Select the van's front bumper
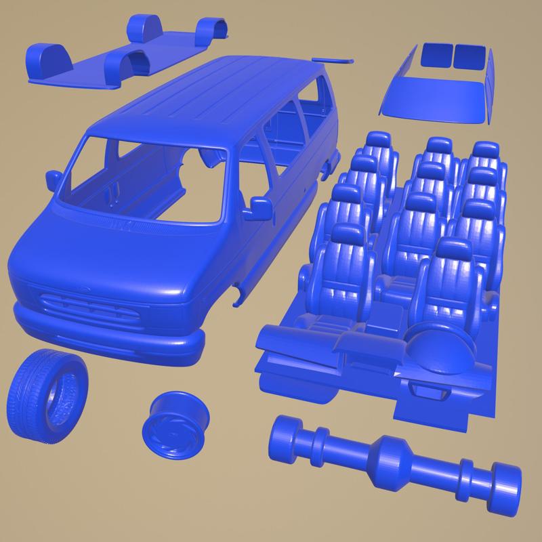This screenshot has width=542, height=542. (108, 336)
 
